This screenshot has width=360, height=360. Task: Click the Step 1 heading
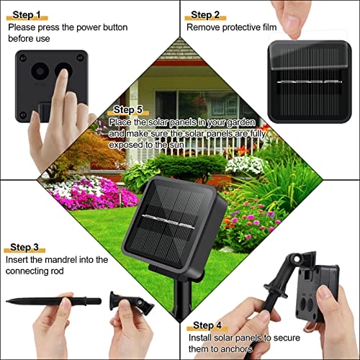(27, 15)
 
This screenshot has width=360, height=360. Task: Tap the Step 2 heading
(205, 15)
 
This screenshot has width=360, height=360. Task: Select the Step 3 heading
(24, 247)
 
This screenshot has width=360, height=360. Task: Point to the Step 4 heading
(207, 325)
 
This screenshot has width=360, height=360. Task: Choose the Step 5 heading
(128, 109)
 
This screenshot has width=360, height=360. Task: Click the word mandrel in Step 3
(61, 260)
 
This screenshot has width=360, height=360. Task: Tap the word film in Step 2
(269, 27)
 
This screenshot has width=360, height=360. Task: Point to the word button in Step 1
(115, 27)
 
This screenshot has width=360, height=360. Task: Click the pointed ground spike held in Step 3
(53, 301)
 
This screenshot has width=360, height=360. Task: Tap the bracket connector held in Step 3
(131, 303)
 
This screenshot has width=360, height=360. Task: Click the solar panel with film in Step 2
(310, 81)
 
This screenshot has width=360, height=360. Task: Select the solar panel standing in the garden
(174, 225)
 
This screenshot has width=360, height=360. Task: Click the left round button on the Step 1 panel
(40, 71)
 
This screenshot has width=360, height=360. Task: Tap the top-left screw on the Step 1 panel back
(23, 58)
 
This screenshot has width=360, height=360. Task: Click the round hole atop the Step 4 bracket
(297, 259)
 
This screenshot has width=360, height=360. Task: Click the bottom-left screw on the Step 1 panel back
(23, 115)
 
